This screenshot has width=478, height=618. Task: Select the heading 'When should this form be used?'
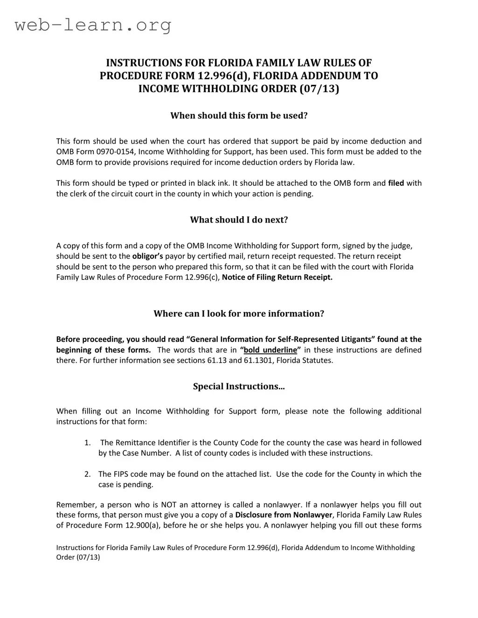(x=239, y=115)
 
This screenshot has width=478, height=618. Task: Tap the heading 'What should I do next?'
(x=239, y=220)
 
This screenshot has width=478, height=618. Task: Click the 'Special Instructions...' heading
(x=239, y=387)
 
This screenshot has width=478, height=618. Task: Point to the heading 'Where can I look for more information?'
(x=239, y=313)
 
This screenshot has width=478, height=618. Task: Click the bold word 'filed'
(x=396, y=183)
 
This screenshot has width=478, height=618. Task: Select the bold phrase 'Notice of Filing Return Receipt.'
(x=277, y=278)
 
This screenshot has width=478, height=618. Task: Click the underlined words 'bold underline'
(x=270, y=350)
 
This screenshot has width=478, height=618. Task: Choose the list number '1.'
(x=88, y=443)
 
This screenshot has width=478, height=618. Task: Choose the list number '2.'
(x=88, y=474)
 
